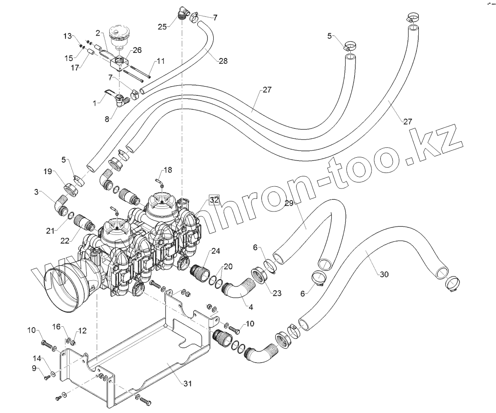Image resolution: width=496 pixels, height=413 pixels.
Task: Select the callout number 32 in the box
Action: click(x=214, y=200)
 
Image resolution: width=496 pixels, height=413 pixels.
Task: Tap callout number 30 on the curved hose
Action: click(x=384, y=274)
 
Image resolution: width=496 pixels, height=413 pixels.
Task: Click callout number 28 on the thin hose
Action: click(x=222, y=61)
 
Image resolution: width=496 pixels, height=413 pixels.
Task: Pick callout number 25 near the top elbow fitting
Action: click(x=162, y=27)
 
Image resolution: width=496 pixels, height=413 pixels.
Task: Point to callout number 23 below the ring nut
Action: click(x=277, y=293)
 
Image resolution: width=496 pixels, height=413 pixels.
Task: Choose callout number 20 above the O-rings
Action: click(x=228, y=265)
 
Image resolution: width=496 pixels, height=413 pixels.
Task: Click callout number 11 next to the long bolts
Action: click(x=161, y=62)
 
